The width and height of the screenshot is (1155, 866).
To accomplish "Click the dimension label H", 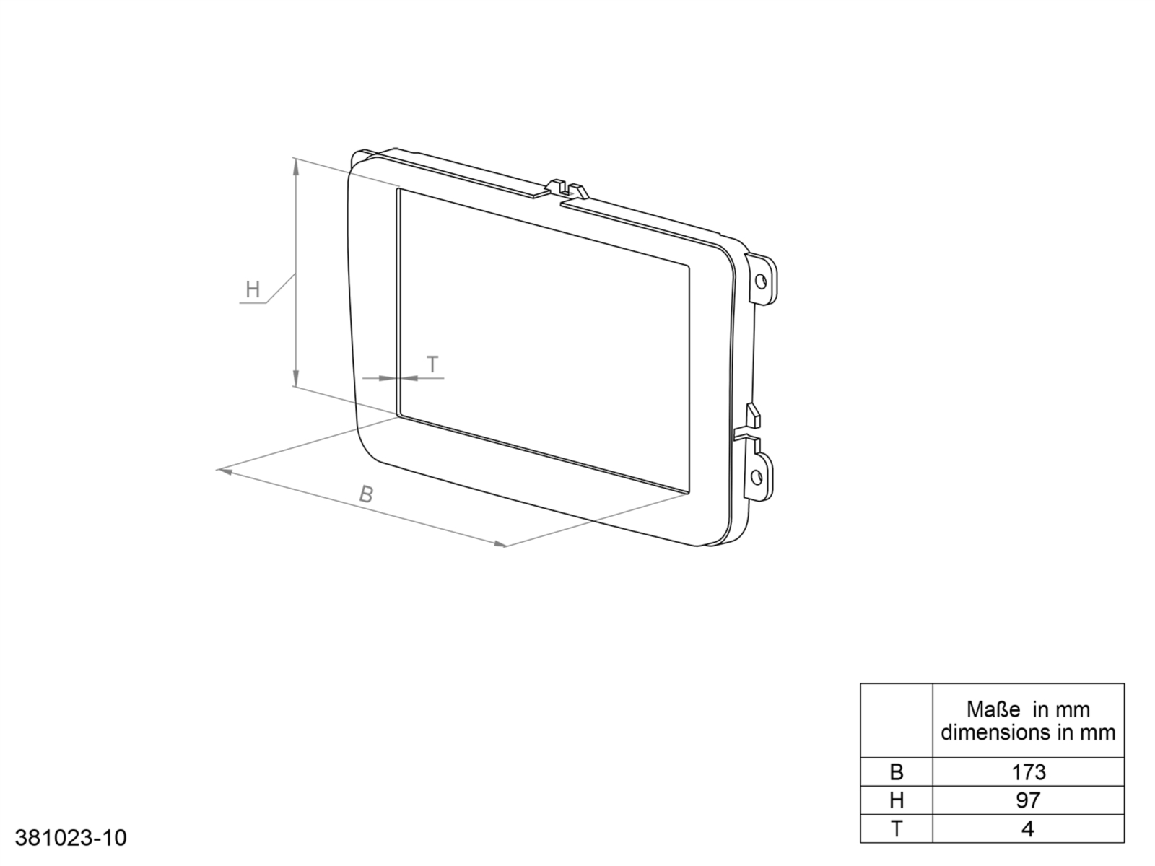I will click(253, 290).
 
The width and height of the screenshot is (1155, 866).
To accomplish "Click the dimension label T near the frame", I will click(432, 365).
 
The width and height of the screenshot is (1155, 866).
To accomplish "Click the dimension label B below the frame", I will click(367, 495).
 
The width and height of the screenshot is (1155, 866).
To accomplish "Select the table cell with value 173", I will click(1028, 772).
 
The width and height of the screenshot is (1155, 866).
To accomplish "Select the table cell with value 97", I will click(1028, 800).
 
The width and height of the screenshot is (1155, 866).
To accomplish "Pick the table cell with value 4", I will click(1028, 828).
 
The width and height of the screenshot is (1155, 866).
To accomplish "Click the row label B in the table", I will click(896, 772).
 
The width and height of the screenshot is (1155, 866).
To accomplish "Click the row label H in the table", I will click(896, 800).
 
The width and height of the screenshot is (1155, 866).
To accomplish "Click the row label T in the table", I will click(896, 828).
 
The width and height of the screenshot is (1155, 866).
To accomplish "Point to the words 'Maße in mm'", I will click(1028, 709).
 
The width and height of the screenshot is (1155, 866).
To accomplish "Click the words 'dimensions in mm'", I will click(1028, 733).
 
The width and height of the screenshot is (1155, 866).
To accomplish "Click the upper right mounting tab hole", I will click(760, 280).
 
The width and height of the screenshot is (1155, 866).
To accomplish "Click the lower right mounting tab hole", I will click(757, 476).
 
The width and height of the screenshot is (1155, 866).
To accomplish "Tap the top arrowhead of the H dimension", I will click(295, 166).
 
